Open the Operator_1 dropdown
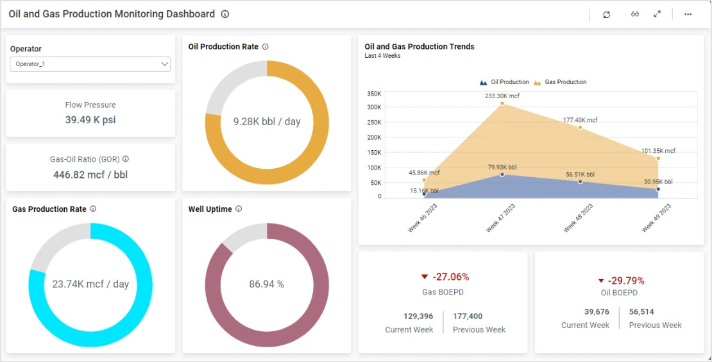point(90,64)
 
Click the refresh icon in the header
point(607,15)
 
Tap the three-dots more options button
point(688,14)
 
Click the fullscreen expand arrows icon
point(657,14)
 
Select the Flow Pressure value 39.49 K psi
point(90,120)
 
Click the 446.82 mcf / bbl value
point(90,175)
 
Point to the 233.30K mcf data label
point(502,96)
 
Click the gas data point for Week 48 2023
point(580,127)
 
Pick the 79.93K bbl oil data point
point(502,175)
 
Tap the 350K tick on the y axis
point(374,94)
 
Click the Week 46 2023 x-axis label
point(423,218)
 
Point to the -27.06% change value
point(450,277)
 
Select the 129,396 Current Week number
point(418,316)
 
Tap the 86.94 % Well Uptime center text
point(266,284)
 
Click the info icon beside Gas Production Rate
point(93,209)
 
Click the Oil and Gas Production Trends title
point(420,47)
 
